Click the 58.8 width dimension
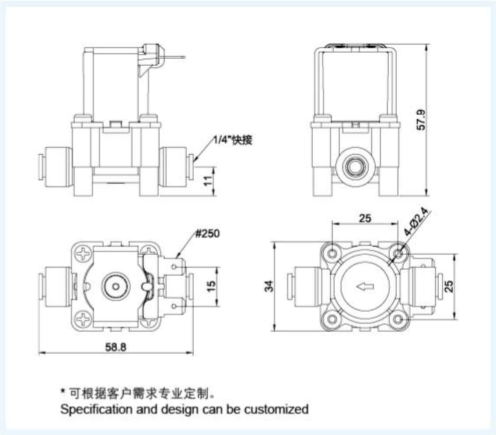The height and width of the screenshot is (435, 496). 116,347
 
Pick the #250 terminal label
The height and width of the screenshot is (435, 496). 208,233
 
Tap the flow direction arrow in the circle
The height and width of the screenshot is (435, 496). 365,287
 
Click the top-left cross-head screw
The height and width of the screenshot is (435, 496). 83,253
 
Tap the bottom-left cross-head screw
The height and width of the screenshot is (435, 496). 83,320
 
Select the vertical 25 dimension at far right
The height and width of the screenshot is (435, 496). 449,286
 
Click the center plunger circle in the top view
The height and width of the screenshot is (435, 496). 116,287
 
